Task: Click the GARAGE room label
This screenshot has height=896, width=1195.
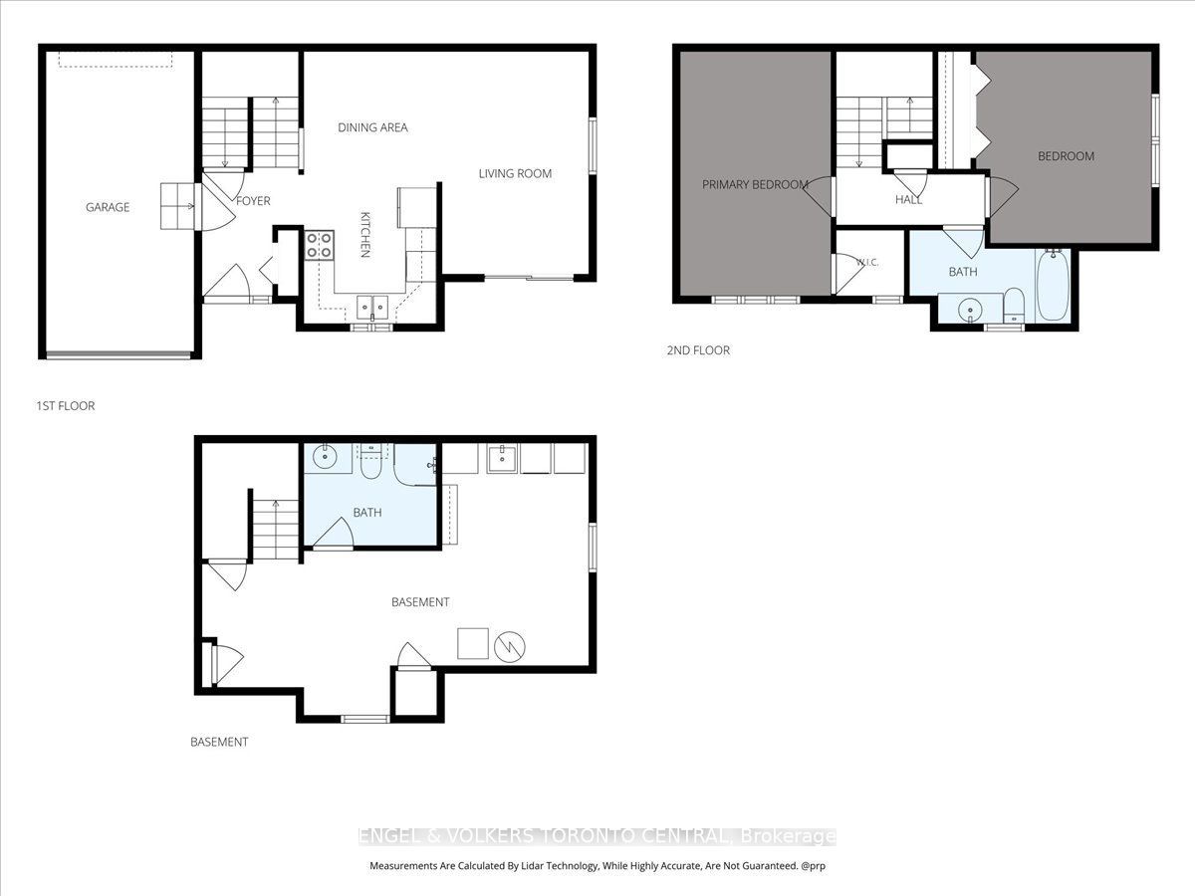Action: tap(108, 207)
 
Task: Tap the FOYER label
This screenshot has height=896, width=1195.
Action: tap(253, 201)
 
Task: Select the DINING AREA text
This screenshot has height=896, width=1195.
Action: tap(372, 127)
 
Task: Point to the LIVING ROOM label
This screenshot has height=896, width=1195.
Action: tap(515, 174)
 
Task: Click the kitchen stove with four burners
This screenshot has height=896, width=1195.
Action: tap(319, 245)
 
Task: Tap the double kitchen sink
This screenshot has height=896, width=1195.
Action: tap(372, 308)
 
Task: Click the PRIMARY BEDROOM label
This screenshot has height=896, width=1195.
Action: tap(755, 185)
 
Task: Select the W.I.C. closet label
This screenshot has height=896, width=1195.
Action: tap(866, 263)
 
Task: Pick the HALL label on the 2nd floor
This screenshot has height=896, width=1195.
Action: tap(908, 200)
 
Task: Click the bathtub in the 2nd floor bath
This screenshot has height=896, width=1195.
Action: tap(1053, 285)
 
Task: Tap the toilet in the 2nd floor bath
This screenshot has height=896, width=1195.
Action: tap(1014, 306)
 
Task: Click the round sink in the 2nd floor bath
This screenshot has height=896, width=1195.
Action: tap(969, 310)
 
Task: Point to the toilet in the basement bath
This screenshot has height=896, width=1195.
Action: tap(370, 462)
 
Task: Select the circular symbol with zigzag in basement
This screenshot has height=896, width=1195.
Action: tap(510, 647)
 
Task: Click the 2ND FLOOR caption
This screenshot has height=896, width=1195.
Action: tap(698, 350)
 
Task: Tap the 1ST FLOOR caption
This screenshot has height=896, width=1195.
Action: tap(66, 406)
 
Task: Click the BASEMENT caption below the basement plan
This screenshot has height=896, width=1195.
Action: tap(219, 742)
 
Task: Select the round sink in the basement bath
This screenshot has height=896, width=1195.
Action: tap(325, 456)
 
